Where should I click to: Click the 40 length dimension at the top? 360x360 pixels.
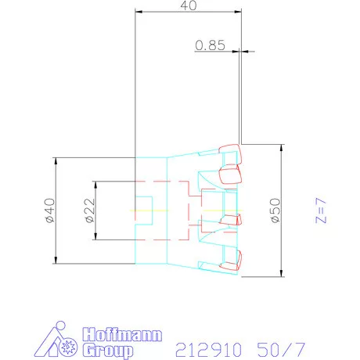tap(189, 5)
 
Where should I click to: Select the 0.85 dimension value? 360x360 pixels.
tap(210, 45)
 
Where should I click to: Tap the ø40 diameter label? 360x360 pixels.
tap(50, 211)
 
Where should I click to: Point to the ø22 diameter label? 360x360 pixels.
tap(90, 211)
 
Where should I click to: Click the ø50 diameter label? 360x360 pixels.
tap(275, 211)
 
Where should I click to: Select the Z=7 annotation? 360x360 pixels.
tap(321, 211)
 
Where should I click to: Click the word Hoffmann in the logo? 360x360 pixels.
tap(122, 335)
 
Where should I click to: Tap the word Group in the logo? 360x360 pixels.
tap(108, 351)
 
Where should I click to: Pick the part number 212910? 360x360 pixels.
tap(208, 350)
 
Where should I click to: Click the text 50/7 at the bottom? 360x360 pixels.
tap(281, 350)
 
